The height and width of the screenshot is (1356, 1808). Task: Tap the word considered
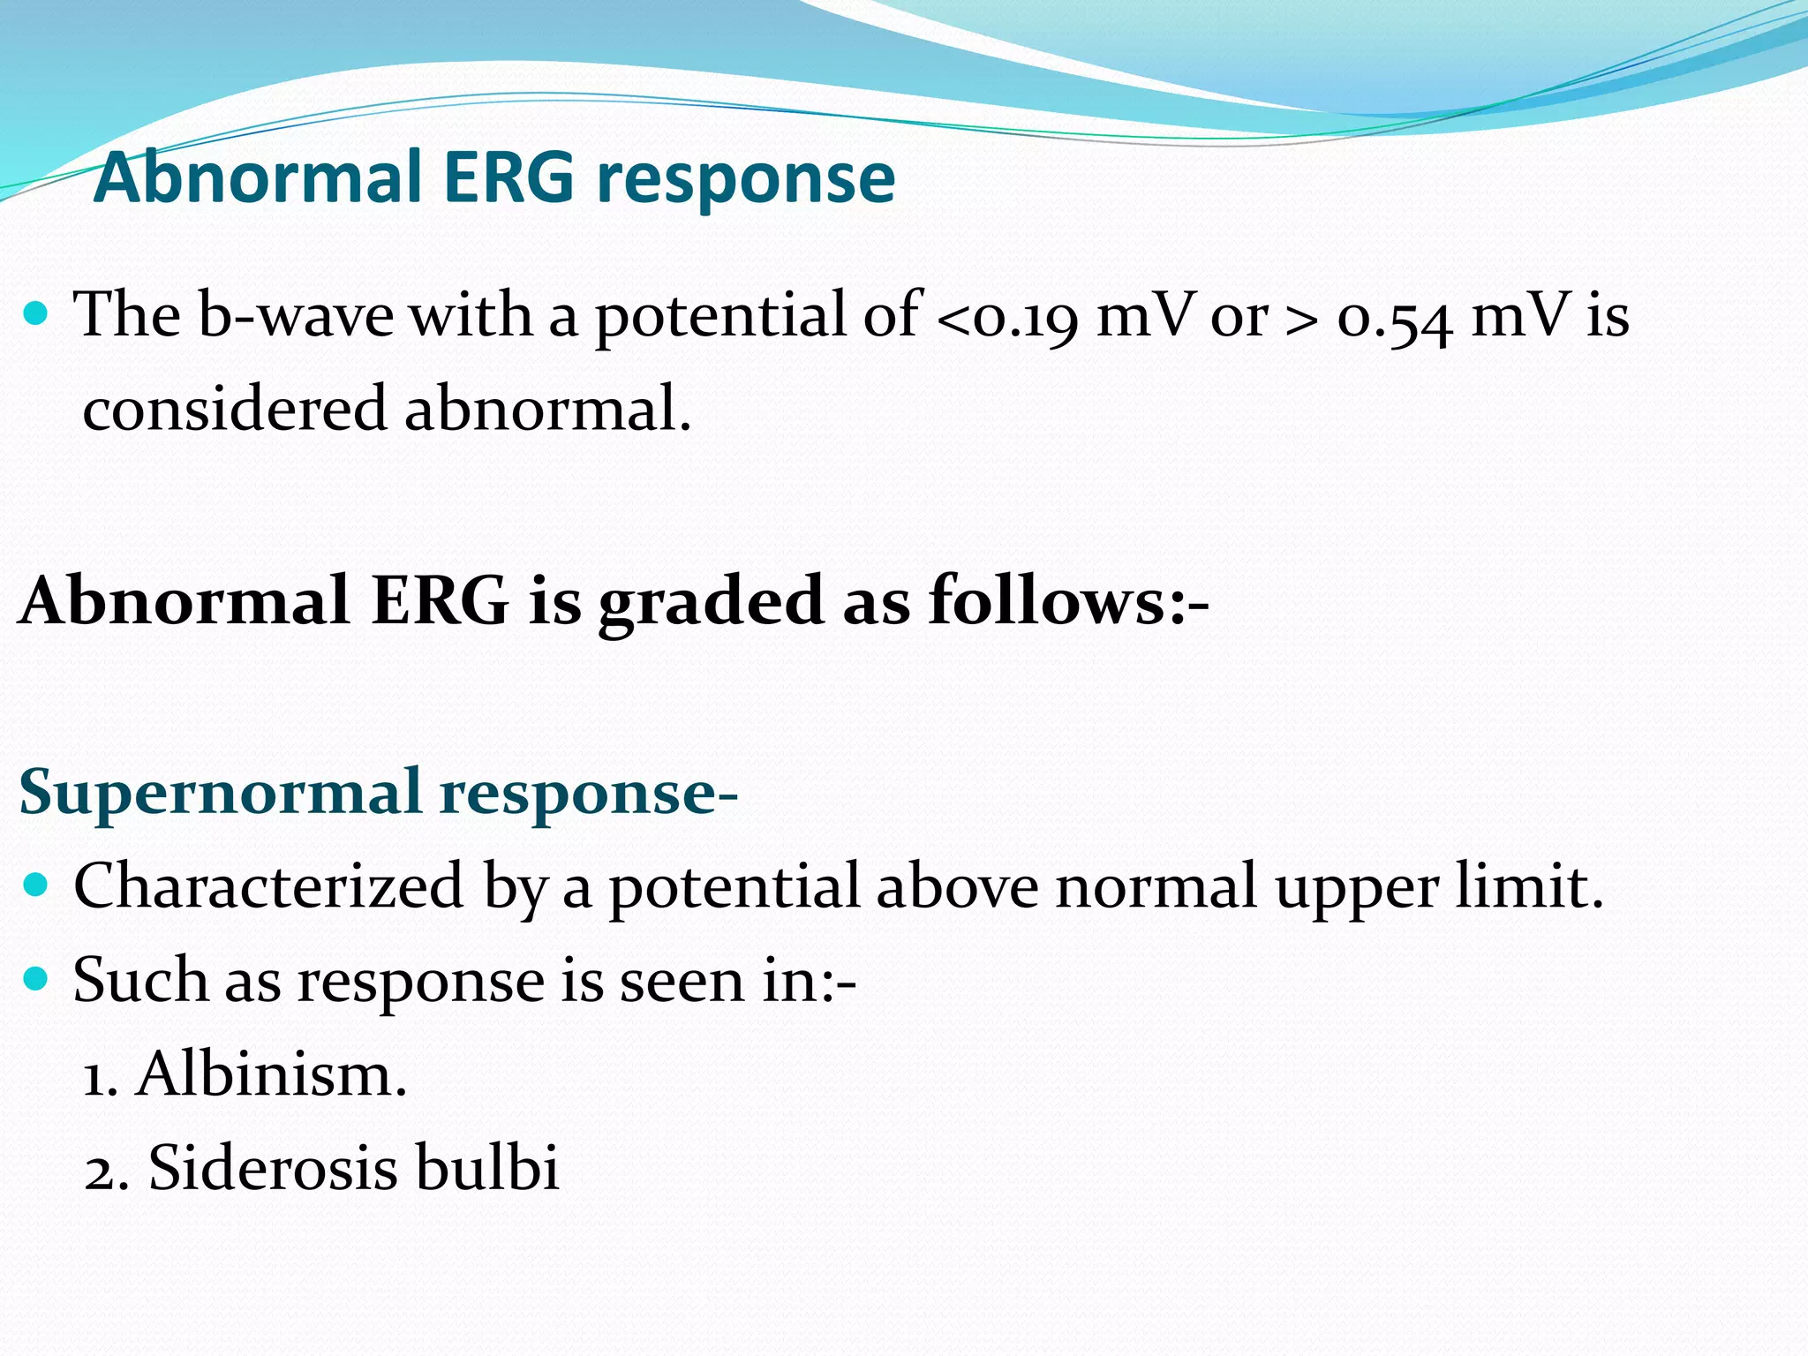point(235,410)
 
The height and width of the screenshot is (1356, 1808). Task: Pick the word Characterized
point(268,886)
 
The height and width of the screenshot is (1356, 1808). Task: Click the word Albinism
point(271,1075)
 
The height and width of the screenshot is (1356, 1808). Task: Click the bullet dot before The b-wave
point(35,313)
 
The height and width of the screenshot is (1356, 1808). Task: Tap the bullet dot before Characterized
point(35,884)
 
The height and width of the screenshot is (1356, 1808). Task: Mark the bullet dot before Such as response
point(35,978)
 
